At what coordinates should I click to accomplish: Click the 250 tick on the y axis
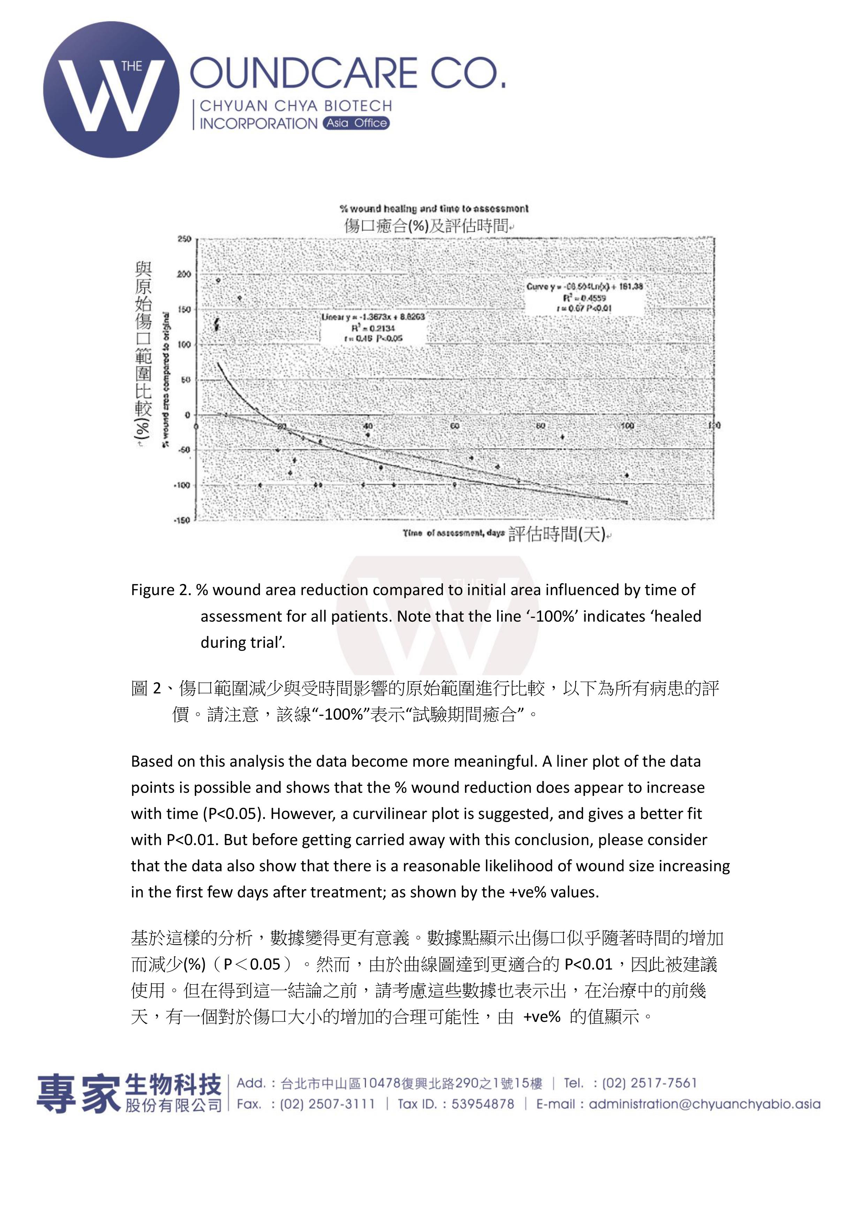[x=184, y=239]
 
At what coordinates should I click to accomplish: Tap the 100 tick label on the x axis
[x=628, y=426]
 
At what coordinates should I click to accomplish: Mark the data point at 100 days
[x=627, y=475]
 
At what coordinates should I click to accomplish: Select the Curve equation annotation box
[x=584, y=297]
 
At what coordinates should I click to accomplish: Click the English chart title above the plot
[x=434, y=209]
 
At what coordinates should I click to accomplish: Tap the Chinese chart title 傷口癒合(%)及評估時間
[x=426, y=226]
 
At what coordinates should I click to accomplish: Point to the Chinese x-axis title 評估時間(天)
[x=556, y=534]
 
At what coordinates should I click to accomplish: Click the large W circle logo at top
[x=111, y=90]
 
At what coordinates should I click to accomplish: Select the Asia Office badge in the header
[x=356, y=123]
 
